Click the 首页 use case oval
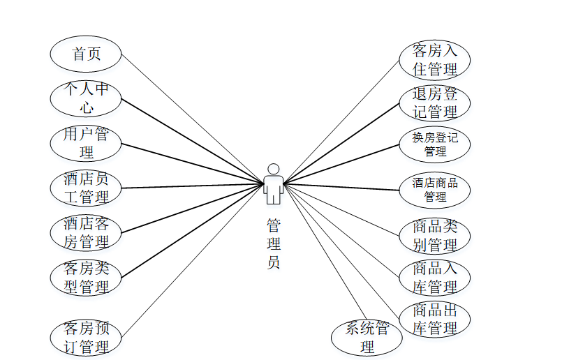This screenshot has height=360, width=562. [x=86, y=54]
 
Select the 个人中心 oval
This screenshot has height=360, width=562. [x=86, y=98]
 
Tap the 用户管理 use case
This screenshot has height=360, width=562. [x=86, y=143]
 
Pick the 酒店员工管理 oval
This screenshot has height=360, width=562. [x=86, y=188]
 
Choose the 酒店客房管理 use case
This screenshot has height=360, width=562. [x=86, y=233]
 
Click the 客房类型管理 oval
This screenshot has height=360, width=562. [x=86, y=277]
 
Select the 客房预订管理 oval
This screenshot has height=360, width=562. [x=86, y=338]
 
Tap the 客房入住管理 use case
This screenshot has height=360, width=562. [x=434, y=60]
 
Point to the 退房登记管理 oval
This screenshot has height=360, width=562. [x=434, y=103]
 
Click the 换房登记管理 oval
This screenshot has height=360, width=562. [x=434, y=144]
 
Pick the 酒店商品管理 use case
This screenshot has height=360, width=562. [x=434, y=190]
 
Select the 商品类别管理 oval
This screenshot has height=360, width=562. [x=434, y=236]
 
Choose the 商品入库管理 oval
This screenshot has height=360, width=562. [x=434, y=278]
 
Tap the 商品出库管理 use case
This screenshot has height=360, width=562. [x=434, y=319]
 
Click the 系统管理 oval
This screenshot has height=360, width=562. [x=367, y=338]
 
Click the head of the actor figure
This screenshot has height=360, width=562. [x=274, y=169]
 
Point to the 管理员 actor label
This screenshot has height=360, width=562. [x=274, y=243]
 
